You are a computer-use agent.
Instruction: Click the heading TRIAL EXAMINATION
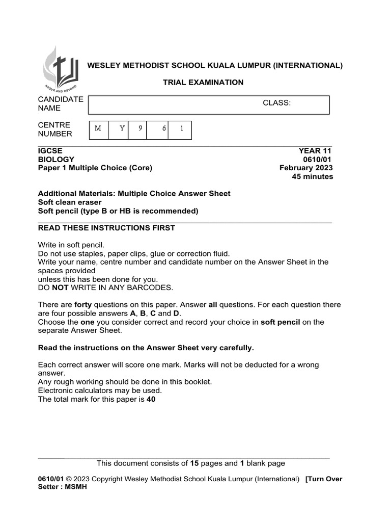[203, 82]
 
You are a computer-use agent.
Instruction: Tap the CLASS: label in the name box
[276, 103]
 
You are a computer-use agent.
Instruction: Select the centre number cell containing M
[98, 129]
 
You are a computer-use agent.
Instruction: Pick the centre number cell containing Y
[122, 129]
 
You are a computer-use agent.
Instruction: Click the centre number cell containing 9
[140, 129]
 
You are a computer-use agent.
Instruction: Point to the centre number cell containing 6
[164, 129]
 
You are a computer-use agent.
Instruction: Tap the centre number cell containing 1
[181, 129]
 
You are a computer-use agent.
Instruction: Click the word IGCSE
[50, 151]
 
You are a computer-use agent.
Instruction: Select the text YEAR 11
[315, 151]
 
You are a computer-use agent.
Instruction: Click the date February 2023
[306, 168]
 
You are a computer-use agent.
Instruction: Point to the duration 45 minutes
[312, 176]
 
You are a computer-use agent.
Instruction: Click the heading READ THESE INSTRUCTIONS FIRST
[106, 228]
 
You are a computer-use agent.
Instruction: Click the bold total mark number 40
[151, 400]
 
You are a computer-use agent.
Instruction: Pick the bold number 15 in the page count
[194, 463]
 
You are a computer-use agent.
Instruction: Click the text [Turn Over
[324, 479]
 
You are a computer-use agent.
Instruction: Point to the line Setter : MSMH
[63, 487]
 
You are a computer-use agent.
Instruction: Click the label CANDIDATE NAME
[61, 103]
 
